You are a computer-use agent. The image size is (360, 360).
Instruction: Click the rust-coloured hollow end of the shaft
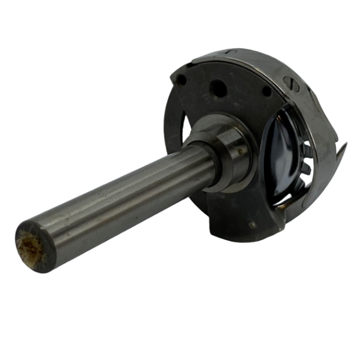coord(30,247)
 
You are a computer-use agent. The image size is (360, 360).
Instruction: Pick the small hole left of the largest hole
coord(181,79)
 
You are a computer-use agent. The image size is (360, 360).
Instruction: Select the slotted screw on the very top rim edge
coord(238,53)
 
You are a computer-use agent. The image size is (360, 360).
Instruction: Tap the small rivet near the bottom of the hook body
coord(252,224)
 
